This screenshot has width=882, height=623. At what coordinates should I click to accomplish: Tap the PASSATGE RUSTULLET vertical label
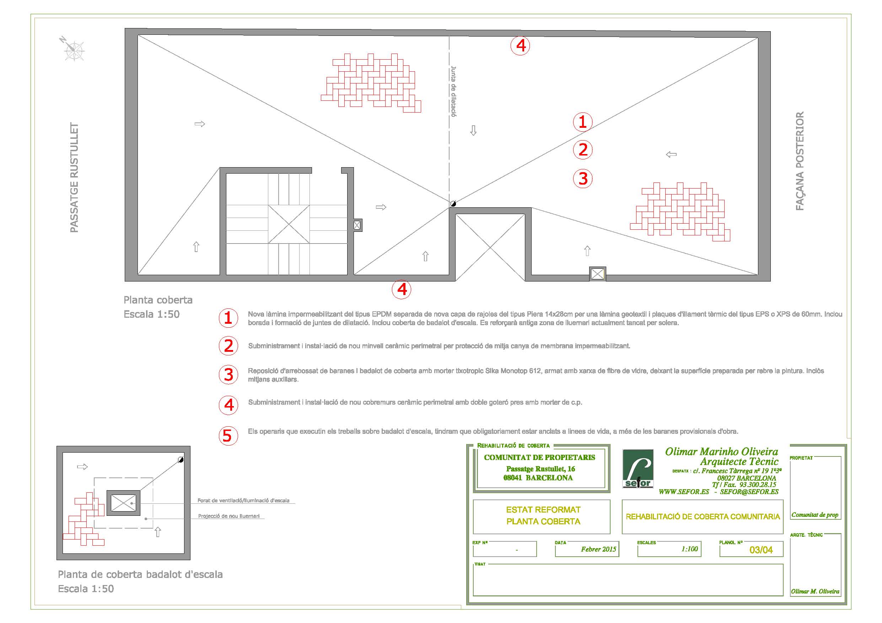tap(74, 177)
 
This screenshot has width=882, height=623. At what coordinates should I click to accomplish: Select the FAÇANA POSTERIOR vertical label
tap(800, 161)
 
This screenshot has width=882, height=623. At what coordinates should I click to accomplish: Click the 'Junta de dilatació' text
tap(454, 91)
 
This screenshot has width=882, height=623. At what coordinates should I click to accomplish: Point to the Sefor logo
tap(638, 469)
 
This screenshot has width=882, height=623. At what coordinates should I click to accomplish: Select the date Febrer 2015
tap(598, 549)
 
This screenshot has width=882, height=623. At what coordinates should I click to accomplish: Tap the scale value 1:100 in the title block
tap(689, 549)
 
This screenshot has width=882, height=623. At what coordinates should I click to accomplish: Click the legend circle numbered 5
tap(228, 436)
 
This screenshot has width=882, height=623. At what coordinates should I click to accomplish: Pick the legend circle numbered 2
tap(228, 346)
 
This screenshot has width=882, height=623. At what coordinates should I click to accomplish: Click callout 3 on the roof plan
tap(583, 179)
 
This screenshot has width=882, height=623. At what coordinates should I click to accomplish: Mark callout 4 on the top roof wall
tap(520, 46)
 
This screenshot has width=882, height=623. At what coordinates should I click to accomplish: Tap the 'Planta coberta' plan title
tap(158, 300)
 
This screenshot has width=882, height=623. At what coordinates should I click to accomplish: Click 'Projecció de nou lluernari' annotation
tap(228, 516)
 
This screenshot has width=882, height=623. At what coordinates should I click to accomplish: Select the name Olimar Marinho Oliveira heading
tap(721, 452)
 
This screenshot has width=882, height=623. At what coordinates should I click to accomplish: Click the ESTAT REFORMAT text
tap(543, 510)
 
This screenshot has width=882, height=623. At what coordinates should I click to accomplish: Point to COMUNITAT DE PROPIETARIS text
tap(539, 457)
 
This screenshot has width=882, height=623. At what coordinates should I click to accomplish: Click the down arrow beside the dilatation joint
tap(473, 131)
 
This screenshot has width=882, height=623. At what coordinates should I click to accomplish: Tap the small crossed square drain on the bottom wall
tap(597, 274)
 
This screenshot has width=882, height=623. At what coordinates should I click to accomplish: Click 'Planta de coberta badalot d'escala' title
tap(140, 575)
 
